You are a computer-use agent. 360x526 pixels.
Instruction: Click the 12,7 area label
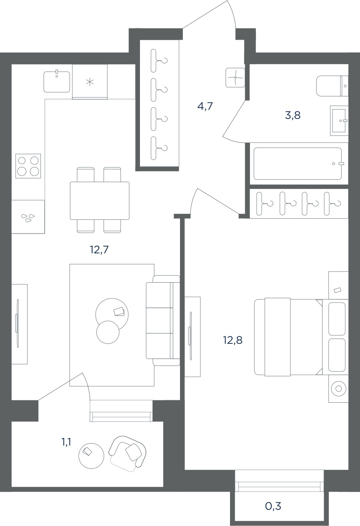coord(99,250)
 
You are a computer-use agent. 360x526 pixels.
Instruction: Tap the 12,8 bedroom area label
coord(232,340)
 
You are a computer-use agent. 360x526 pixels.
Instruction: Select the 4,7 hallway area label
coord(205,106)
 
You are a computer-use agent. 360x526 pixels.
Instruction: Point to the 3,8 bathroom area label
coord(293,115)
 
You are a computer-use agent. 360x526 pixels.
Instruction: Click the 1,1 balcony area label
coord(66,442)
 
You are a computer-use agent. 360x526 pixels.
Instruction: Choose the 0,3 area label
coord(273,506)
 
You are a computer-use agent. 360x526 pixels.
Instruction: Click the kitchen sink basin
coord(57,82)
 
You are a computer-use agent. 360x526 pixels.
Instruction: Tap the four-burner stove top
coord(28,166)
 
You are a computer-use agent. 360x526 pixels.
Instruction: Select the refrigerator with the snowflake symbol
coord(90,82)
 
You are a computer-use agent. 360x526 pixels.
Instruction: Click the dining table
coord(100,201)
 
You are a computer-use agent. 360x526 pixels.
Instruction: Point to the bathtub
coord(298,163)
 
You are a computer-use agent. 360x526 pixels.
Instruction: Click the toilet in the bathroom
coord(332,86)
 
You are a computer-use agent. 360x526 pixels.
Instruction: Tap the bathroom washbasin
coord(339,120)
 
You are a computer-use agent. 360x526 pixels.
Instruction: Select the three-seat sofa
coord(163,320)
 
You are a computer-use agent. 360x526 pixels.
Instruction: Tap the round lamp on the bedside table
coord(338,389)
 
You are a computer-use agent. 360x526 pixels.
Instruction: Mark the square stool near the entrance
coord(235,78)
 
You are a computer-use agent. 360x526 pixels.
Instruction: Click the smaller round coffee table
coord(108,332)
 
